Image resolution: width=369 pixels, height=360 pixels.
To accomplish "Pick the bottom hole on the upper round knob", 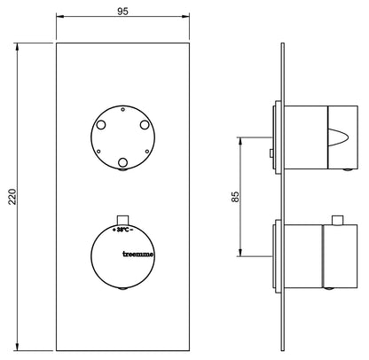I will point(122,160).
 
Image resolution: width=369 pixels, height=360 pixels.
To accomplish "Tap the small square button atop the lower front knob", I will point(123,218).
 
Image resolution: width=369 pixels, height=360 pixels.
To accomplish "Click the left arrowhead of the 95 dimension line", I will point(59,17).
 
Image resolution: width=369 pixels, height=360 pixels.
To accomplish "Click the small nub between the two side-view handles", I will point(271,156).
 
